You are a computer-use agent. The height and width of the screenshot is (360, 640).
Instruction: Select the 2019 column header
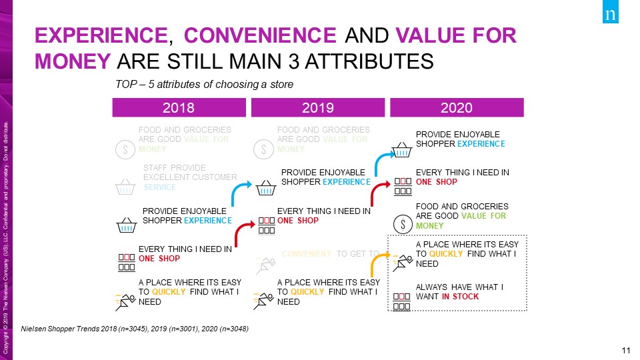click(x=317, y=108)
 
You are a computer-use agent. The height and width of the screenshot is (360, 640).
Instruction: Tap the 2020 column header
click(x=457, y=108)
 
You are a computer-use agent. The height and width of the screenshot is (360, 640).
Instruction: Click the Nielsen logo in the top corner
click(x=609, y=15)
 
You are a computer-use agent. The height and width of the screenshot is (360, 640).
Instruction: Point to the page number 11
click(x=625, y=351)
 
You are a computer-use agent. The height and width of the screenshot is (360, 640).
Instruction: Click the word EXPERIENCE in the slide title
click(x=100, y=34)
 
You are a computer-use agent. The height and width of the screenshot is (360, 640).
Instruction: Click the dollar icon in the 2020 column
click(x=402, y=225)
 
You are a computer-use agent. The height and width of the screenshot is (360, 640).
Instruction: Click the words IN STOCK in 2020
click(x=460, y=297)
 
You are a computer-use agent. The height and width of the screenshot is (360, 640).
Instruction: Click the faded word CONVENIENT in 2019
click(x=307, y=254)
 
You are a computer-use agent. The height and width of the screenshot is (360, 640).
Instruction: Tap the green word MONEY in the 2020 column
click(x=430, y=226)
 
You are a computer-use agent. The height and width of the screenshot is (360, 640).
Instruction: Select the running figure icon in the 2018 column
click(x=123, y=301)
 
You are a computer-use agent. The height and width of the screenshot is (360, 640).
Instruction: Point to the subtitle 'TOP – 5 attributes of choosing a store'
click(x=205, y=85)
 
